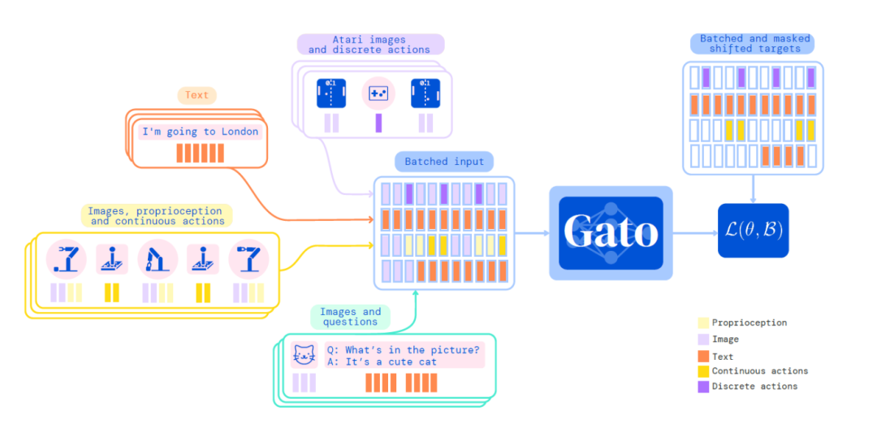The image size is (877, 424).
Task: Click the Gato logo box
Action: pyautogui.click(x=611, y=232)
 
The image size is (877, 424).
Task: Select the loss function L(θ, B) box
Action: pyautogui.click(x=753, y=231)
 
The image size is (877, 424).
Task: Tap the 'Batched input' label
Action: pyautogui.click(x=443, y=162)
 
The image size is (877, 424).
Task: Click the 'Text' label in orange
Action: pyautogui.click(x=197, y=95)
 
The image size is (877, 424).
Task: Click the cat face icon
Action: pyautogui.click(x=304, y=355)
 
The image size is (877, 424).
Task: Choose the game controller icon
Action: pyautogui.click(x=378, y=93)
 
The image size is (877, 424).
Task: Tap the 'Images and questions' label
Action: pyautogui.click(x=350, y=317)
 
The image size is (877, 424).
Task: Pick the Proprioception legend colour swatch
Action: pyautogui.click(x=703, y=323)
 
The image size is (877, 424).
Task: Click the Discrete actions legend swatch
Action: pyautogui.click(x=703, y=387)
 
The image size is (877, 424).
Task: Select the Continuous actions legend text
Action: pyautogui.click(x=760, y=371)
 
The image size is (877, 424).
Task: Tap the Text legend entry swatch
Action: pyautogui.click(x=703, y=356)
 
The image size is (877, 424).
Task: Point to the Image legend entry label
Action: pyautogui.click(x=725, y=340)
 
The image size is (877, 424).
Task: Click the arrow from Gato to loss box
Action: pyautogui.click(x=695, y=233)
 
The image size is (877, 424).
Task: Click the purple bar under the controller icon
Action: pyautogui.click(x=378, y=123)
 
